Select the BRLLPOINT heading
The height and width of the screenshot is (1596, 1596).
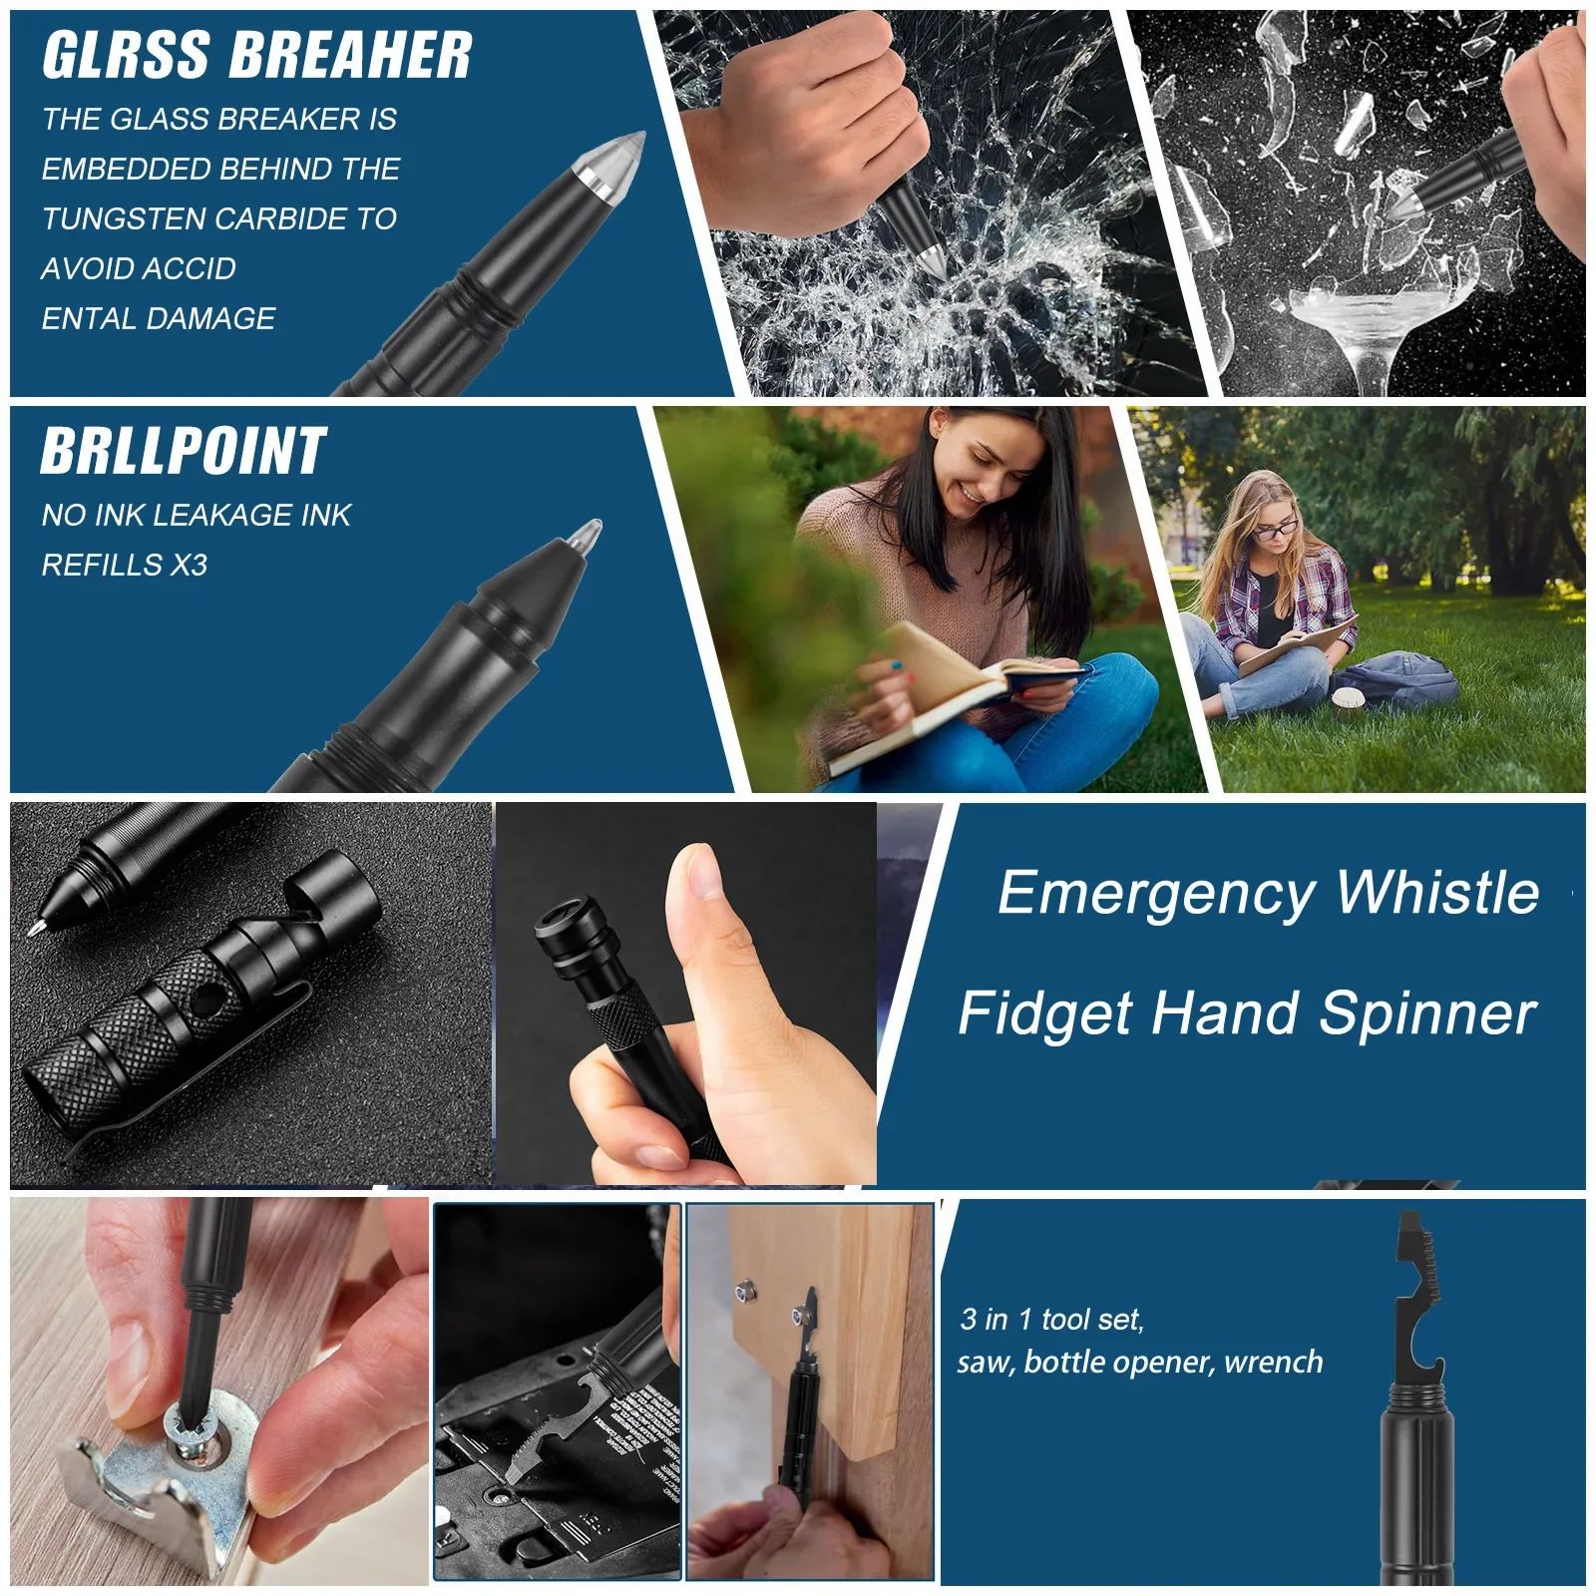[184, 451]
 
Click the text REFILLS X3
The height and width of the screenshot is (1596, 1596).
[125, 565]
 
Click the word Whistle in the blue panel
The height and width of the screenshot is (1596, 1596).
[1437, 892]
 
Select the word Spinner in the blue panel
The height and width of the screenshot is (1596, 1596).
[1427, 1014]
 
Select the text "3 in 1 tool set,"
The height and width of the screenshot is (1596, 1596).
[1051, 1319]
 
